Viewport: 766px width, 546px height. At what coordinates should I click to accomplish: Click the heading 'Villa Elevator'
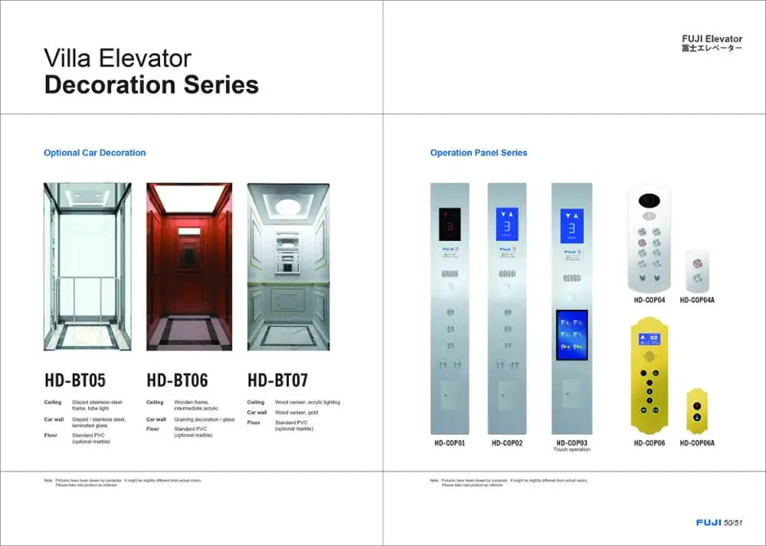pos(117,58)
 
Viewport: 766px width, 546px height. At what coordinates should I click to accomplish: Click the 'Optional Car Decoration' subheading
pos(94,153)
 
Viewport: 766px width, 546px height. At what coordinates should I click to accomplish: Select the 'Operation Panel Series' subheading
pos(479,153)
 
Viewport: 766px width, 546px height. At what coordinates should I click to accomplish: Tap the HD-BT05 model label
pos(75,380)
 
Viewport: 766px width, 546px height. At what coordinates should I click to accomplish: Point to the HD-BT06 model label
pos(177,380)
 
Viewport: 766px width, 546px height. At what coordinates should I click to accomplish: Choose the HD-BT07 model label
pos(278,380)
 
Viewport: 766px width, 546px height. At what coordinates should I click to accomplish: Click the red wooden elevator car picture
pos(188,266)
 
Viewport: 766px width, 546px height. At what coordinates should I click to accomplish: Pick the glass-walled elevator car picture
pos(87,266)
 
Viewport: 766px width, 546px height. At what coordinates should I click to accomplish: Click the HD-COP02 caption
pos(507,443)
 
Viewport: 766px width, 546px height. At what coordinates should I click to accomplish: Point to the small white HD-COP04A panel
pos(697,268)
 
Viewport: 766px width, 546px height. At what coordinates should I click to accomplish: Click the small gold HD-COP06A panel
pos(697,410)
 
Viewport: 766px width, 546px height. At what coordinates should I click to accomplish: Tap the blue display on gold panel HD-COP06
pos(649,337)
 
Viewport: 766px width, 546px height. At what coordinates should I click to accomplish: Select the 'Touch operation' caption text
pos(572,450)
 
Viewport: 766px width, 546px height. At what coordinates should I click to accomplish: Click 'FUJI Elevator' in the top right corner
pos(712,39)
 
